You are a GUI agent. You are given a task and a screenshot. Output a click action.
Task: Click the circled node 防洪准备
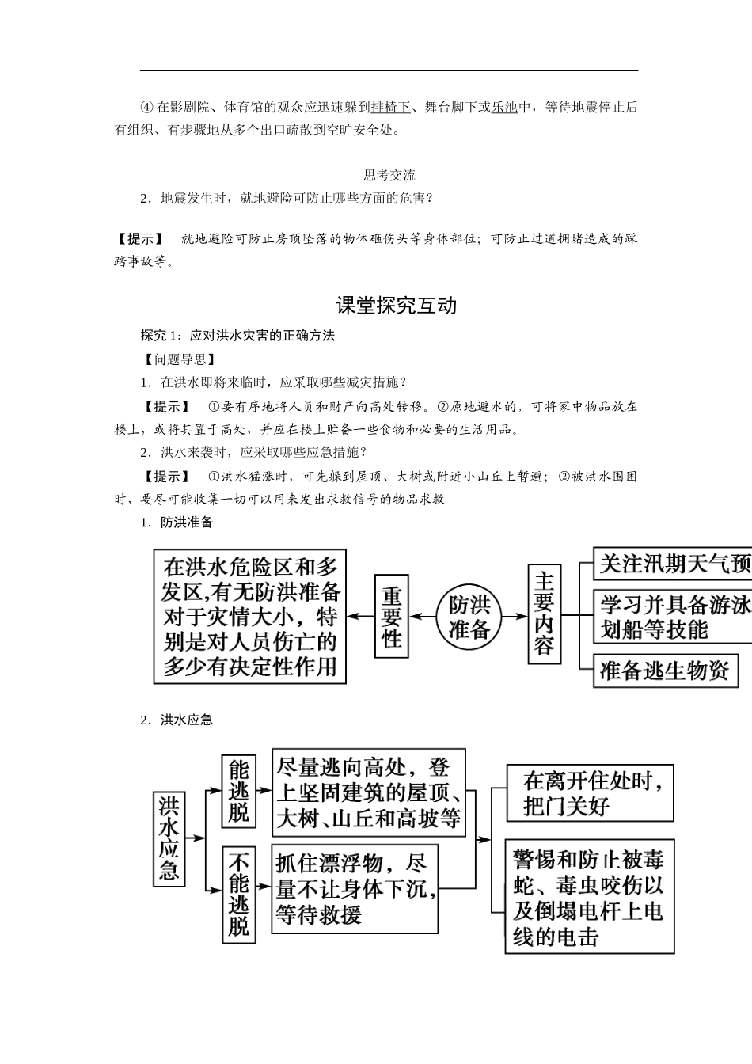469,617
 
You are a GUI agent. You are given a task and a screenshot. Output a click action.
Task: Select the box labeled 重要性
392,617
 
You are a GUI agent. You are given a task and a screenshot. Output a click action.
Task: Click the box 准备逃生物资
665,670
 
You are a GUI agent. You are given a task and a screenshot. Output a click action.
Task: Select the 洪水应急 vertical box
169,839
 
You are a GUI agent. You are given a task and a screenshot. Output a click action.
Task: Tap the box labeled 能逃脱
238,790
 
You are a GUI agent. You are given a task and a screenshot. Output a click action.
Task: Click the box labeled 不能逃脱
238,894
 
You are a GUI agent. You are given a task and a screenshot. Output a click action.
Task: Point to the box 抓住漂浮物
355,889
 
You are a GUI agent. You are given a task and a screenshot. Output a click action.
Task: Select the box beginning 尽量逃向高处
368,792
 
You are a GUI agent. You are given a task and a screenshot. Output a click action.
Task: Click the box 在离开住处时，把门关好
591,793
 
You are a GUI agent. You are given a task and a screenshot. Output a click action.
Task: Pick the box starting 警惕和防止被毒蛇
591,898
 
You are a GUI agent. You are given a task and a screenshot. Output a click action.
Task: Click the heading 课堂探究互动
397,306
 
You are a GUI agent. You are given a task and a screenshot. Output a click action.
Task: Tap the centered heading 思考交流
389,175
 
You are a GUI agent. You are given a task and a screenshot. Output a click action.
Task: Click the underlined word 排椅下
390,107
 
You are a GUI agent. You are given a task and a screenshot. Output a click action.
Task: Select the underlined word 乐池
504,107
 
